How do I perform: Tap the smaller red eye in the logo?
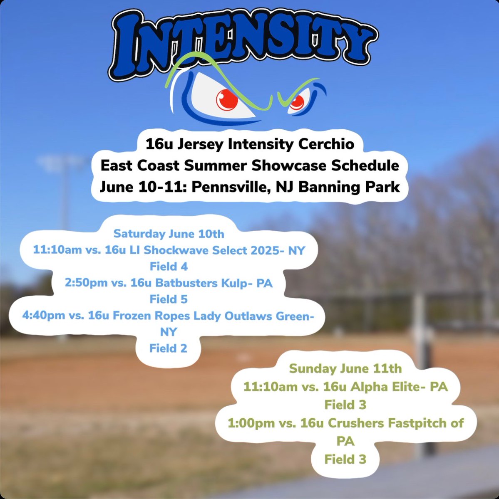(x=296, y=102)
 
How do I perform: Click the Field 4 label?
(x=169, y=267)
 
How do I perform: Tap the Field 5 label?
(x=169, y=299)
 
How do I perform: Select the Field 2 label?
(x=169, y=348)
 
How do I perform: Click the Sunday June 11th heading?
(x=345, y=368)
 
